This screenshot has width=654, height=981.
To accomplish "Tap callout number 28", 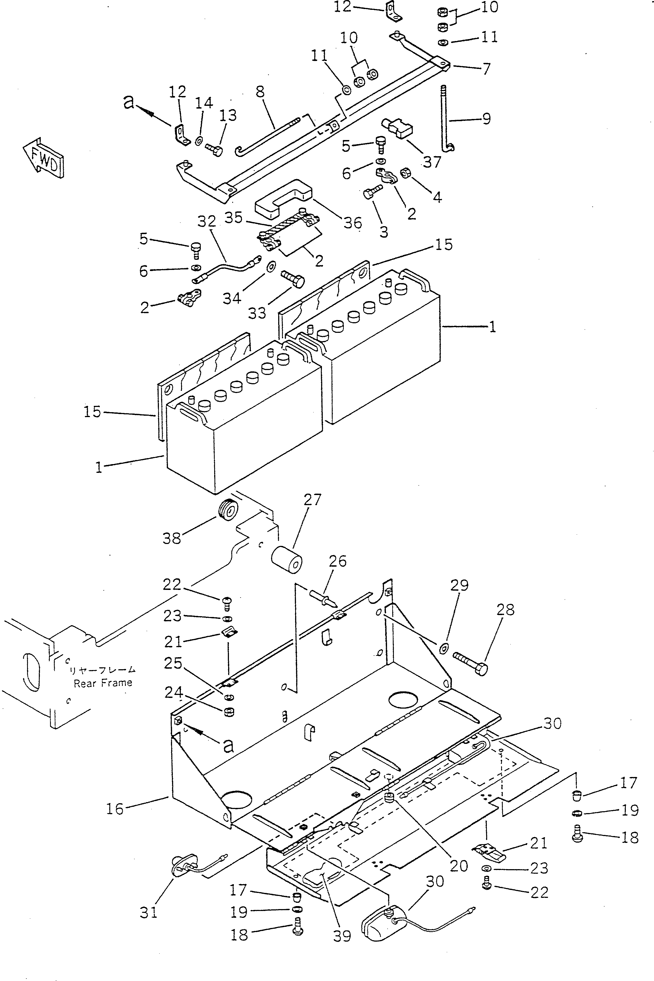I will pos(505,610).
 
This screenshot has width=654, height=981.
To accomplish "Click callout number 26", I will pos(338,561).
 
